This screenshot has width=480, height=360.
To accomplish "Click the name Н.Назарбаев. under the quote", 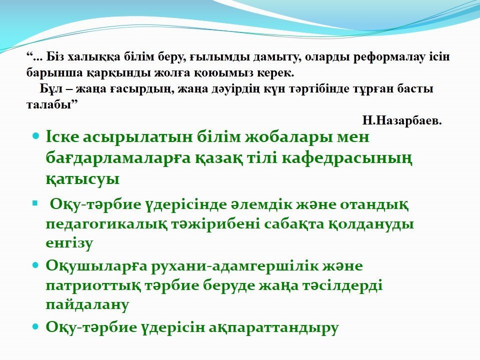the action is coord(402,121).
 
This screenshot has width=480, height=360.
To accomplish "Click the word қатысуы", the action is coord(82,179).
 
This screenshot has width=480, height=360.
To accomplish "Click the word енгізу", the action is coord(69,243).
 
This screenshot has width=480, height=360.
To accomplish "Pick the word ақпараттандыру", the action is coord(274,327).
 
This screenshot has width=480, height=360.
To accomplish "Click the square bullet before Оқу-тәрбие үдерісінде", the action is coord(35,202).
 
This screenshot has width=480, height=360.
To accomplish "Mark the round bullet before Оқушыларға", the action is coord(35,265).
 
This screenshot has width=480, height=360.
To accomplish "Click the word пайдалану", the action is coord(87,305).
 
